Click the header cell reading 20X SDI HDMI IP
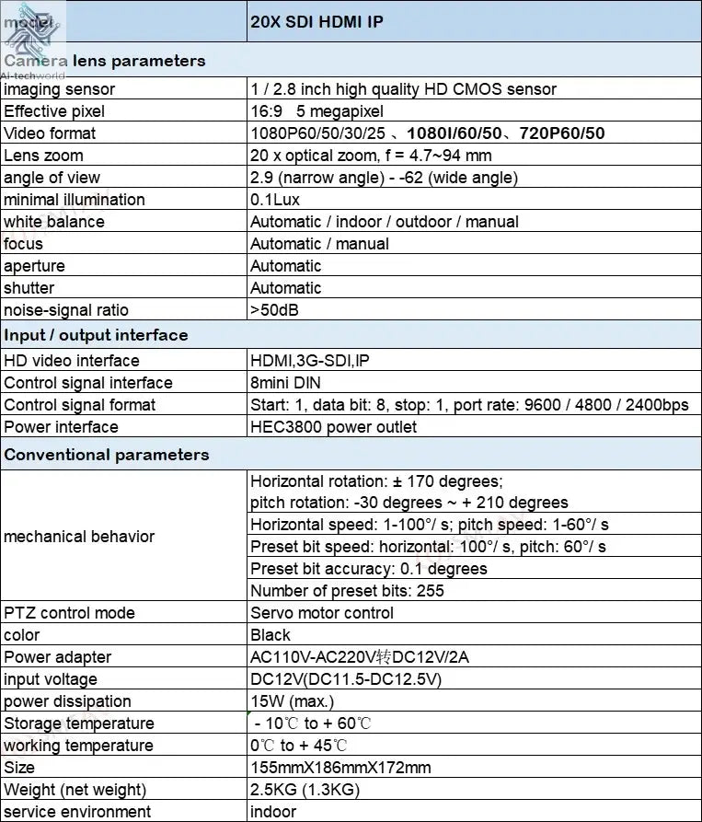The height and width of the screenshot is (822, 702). [x=316, y=23]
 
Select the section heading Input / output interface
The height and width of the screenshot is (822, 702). [x=96, y=335]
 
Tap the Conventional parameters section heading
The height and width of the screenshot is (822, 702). [x=107, y=455]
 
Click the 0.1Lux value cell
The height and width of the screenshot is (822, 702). [x=275, y=200]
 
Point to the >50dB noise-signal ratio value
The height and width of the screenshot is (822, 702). [x=274, y=310]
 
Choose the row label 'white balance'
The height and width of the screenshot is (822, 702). [x=54, y=222]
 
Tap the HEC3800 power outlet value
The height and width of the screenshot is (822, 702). [x=333, y=427]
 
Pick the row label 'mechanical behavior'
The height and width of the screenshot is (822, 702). [x=79, y=536]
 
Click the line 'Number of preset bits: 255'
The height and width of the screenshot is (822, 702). [x=347, y=591]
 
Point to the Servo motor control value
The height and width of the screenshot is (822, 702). [x=321, y=613]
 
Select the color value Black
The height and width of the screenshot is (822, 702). [x=270, y=635]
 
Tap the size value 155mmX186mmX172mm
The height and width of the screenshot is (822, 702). [x=340, y=768]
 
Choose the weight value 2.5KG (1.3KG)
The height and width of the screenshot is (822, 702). [x=305, y=790]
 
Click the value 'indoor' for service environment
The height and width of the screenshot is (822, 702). [x=273, y=812]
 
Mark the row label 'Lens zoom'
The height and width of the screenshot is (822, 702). [x=43, y=156]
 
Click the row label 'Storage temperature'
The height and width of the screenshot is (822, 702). [x=79, y=724]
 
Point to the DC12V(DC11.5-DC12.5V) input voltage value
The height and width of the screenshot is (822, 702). [x=346, y=679]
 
